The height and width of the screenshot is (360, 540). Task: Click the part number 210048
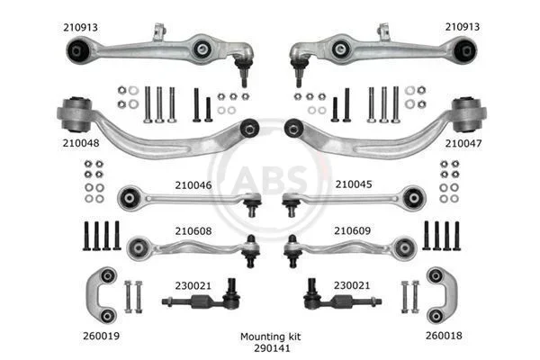(81, 143)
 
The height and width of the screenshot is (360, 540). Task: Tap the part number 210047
(463, 143)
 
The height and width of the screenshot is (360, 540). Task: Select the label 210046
(193, 185)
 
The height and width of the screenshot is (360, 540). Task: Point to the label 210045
(354, 184)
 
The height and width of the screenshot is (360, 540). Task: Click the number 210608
(193, 230)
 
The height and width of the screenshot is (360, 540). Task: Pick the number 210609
(352, 230)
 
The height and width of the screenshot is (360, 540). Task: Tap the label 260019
(101, 336)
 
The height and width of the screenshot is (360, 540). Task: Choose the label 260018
(444, 336)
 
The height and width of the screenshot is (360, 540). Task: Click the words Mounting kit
(270, 337)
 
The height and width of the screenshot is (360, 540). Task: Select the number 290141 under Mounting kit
(272, 348)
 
